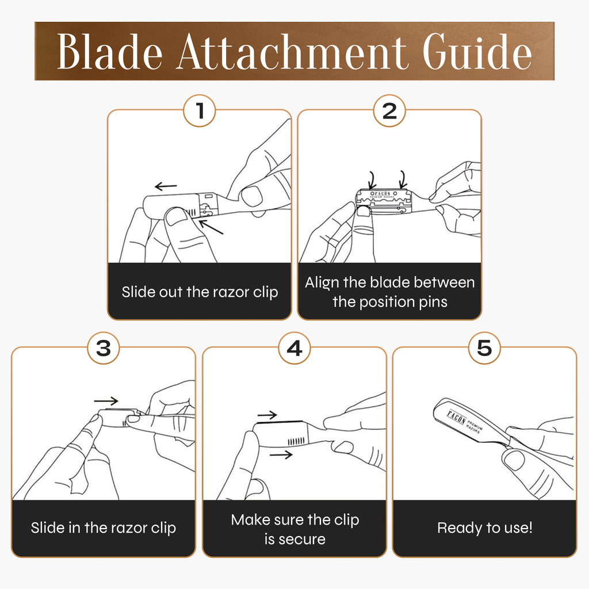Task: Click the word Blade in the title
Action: point(110,52)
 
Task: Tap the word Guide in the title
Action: point(477,51)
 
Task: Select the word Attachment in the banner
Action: point(292,52)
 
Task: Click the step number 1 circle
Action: point(200,111)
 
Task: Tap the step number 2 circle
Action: point(389,111)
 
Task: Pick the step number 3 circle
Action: point(104,348)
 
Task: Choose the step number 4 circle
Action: point(294,348)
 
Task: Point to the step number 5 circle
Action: point(484,348)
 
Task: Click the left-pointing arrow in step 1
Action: point(166,186)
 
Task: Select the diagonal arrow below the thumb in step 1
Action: point(211,227)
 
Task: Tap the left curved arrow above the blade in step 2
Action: point(372,180)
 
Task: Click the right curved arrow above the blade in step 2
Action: point(403,179)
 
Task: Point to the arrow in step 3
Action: point(106,401)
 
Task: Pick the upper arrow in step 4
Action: point(267,415)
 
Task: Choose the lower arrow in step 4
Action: point(281,456)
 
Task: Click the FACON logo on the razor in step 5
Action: point(456,418)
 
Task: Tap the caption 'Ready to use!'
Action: point(484,528)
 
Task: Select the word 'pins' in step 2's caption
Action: point(433,303)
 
